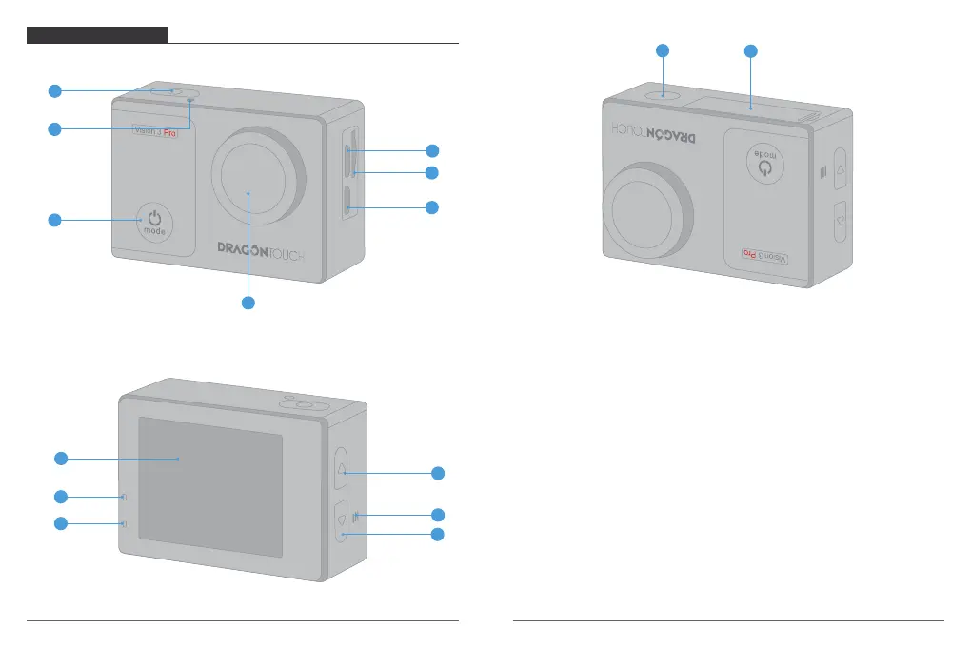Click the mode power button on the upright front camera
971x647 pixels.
[153, 220]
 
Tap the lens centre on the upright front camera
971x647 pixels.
[248, 191]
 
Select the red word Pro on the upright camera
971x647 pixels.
[186, 134]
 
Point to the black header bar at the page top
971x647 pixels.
[97, 35]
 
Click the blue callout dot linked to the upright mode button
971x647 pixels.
[55, 221]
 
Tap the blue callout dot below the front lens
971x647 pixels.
[248, 303]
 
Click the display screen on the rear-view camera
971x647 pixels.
[209, 485]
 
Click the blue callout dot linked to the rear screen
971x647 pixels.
[60, 459]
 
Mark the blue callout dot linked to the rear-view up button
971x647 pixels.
[438, 473]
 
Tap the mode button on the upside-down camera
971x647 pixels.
[765, 165]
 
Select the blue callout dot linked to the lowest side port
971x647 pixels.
[433, 206]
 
